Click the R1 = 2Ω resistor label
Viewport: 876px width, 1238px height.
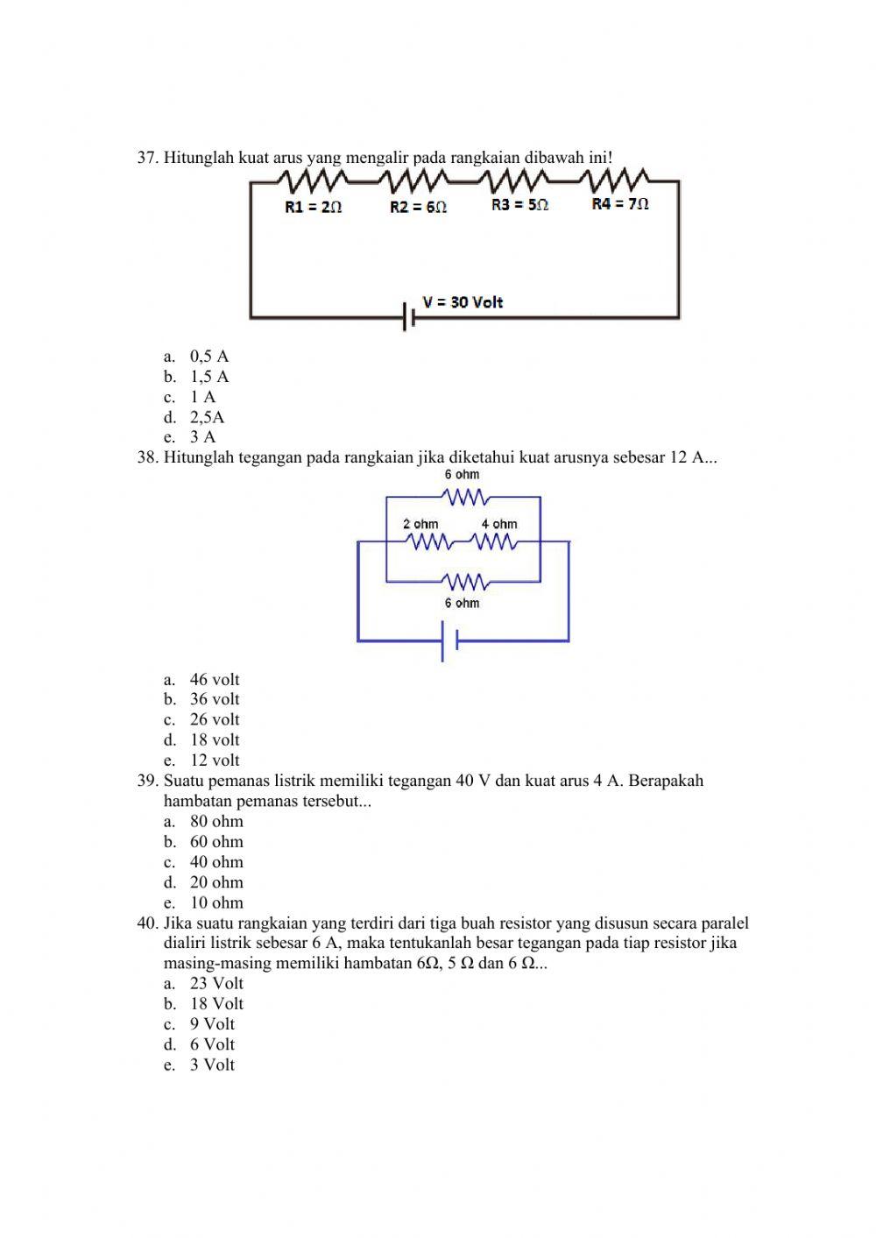click(x=313, y=208)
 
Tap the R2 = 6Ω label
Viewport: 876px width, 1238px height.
click(x=418, y=208)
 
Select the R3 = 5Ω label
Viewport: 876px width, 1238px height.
click(x=519, y=205)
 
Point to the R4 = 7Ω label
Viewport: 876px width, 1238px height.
click(x=620, y=204)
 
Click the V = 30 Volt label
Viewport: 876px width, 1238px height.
click(x=463, y=302)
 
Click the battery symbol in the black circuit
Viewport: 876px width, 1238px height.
click(x=409, y=316)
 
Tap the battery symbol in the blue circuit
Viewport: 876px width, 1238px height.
click(x=450, y=641)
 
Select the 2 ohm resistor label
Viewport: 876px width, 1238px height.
click(x=420, y=524)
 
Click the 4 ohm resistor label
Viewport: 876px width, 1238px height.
click(x=499, y=524)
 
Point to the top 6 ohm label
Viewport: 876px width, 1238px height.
click(x=462, y=474)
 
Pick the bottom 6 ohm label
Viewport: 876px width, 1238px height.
click(x=462, y=603)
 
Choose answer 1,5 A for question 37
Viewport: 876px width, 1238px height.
click(x=209, y=377)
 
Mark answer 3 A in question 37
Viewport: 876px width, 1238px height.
click(x=202, y=437)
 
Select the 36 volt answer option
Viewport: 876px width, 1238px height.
click(x=215, y=699)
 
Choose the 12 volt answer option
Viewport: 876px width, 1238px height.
click(x=215, y=760)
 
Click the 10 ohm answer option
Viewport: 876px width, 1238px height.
click(x=216, y=902)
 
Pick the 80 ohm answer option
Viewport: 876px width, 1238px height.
click(x=216, y=822)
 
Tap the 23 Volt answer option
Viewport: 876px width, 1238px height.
click(x=216, y=983)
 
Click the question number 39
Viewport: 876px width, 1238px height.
click(x=147, y=781)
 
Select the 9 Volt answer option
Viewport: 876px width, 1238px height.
click(x=212, y=1024)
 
